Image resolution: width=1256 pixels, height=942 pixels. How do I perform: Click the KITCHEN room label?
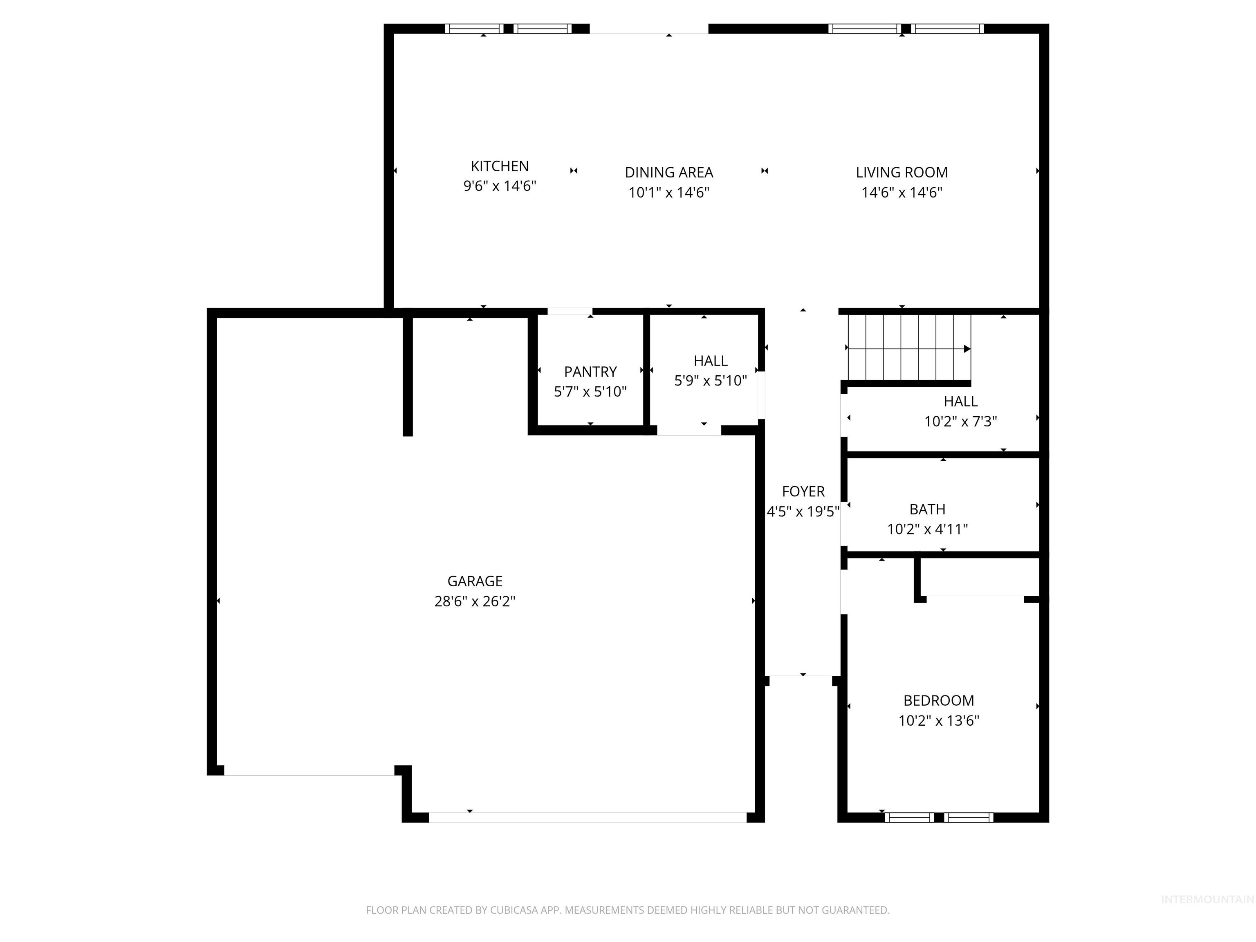[499, 166]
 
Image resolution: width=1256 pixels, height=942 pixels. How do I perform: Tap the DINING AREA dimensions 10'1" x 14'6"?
[668, 193]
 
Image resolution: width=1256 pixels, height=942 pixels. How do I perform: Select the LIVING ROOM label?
[901, 172]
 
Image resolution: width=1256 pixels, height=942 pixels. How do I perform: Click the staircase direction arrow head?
[967, 349]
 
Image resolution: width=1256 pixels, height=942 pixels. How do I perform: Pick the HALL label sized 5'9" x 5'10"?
[710, 361]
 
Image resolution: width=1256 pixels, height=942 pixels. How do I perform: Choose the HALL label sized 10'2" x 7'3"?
[960, 401]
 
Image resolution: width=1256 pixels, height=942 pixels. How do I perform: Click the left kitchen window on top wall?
[473, 28]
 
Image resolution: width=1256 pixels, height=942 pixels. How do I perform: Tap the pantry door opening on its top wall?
[570, 311]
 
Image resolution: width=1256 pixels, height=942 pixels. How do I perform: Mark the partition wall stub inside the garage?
[407, 376]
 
